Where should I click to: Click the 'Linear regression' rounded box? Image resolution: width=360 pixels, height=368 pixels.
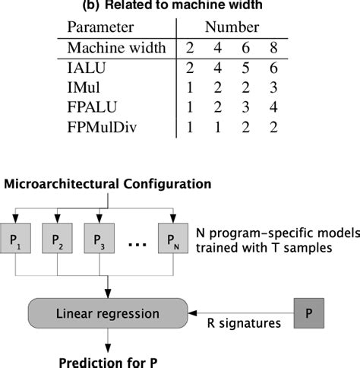pyautogui.click(x=107, y=313)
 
